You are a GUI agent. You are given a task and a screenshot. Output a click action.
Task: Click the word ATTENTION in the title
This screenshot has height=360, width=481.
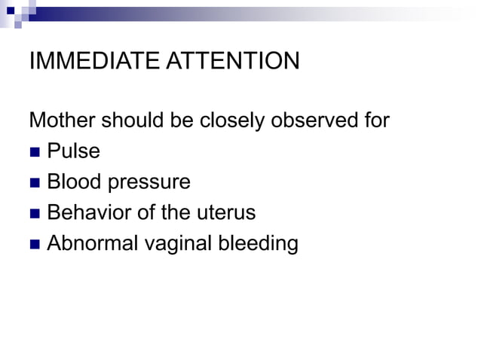(x=234, y=61)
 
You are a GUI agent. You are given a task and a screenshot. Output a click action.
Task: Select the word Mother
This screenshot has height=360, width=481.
(x=62, y=121)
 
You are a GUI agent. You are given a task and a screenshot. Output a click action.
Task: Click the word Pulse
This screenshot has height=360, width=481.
(x=73, y=151)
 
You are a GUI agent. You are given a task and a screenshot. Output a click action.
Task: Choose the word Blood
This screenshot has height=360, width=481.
(x=72, y=182)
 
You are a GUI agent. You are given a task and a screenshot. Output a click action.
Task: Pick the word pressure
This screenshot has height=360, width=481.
(x=146, y=183)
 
